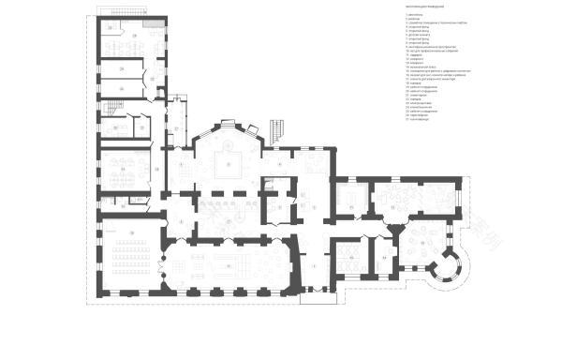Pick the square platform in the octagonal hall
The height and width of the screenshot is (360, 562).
(229, 166)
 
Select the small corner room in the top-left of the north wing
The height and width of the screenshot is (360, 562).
(111, 28)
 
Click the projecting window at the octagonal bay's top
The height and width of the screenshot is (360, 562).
(229, 125)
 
